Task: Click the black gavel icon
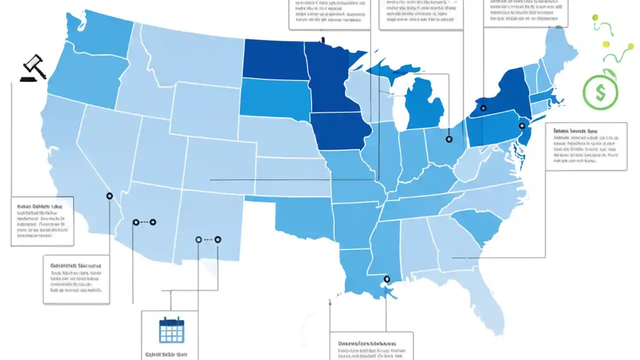(x=33, y=68)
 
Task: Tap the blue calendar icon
(x=171, y=330)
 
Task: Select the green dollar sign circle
(x=600, y=92)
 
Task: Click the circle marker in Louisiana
(x=386, y=279)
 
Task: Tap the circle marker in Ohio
(x=448, y=139)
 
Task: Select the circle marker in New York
(x=483, y=108)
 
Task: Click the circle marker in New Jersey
(x=522, y=126)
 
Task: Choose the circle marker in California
(x=109, y=196)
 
